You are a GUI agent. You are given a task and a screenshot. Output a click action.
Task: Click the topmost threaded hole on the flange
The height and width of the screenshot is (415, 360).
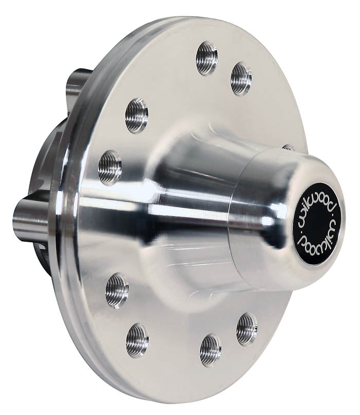[206, 58]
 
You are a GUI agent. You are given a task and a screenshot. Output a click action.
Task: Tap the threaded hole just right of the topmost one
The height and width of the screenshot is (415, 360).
[241, 78]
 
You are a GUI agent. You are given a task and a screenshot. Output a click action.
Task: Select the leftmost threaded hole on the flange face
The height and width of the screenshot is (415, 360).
[110, 168]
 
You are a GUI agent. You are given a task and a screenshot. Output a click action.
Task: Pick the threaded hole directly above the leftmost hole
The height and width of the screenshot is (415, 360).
[136, 115]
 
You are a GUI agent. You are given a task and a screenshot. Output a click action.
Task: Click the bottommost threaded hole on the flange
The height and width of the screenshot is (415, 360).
[210, 350]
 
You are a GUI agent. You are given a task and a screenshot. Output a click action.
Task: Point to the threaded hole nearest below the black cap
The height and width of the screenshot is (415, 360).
[247, 329]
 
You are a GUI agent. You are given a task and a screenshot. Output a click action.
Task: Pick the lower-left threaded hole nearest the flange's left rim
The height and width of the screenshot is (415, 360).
[117, 291]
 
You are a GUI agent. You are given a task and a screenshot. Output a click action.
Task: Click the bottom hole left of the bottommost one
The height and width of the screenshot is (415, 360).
[137, 339]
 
